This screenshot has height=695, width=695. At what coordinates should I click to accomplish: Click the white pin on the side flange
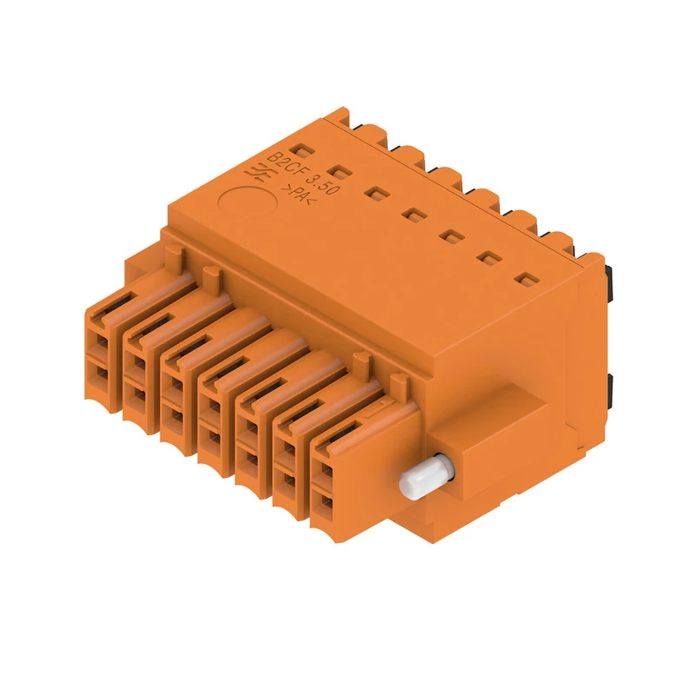click(426, 478)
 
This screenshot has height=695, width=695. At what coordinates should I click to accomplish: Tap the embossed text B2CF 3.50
click(304, 173)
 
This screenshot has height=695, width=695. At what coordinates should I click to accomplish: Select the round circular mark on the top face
click(248, 202)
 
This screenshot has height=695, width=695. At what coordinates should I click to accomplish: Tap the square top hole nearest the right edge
click(527, 280)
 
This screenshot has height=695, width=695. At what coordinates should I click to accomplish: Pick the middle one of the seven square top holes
click(414, 215)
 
